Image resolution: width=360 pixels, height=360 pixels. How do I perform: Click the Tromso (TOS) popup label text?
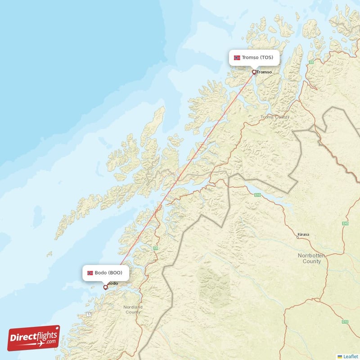pos(257,58)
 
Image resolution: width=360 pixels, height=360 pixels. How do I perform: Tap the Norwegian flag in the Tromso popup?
pos(237,58)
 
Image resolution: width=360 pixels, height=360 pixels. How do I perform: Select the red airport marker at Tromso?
pos(254,72)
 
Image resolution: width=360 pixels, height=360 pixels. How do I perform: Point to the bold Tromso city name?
pos(264,72)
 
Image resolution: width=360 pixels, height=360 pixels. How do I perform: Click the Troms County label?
pos(275,117)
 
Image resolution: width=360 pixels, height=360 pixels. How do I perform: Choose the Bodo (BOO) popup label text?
pos(108,273)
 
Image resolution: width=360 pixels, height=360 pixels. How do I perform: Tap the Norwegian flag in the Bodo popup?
pos(90,273)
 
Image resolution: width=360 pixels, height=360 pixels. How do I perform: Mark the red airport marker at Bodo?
pos(105,287)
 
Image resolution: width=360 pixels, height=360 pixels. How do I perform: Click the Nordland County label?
pos(133,310)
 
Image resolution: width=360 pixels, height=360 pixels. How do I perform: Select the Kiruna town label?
pos(304,235)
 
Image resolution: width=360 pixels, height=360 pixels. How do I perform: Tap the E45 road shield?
pos(346,223)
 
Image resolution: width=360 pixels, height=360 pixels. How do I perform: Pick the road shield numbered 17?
pos(89,314)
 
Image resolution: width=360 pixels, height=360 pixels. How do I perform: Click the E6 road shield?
pos(156,247)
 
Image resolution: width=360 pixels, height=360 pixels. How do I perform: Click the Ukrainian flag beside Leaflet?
pos(340,356)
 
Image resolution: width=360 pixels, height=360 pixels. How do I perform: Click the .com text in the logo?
pos(51,342)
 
